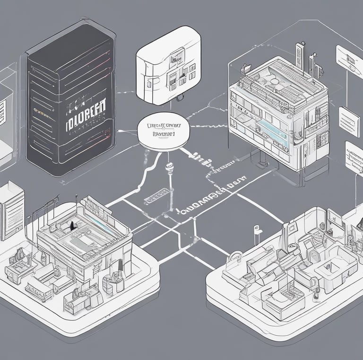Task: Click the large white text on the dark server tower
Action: pyautogui.click(x=85, y=113)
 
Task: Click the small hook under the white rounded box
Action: pyautogui.click(x=179, y=98)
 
